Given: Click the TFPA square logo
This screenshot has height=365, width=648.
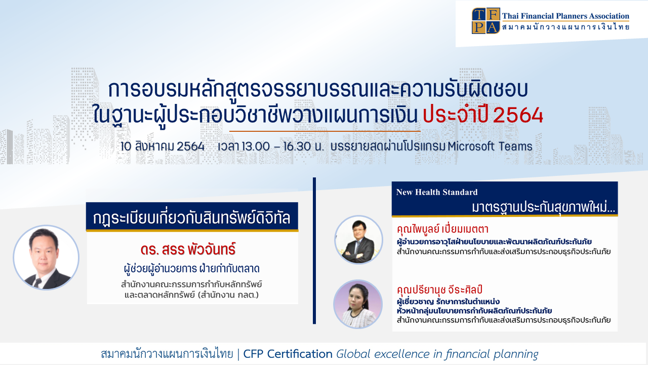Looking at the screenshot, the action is tap(485, 21).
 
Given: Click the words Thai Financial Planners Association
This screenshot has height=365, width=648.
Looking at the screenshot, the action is tap(565, 16).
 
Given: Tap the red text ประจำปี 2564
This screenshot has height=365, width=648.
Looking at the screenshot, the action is tap(483, 115).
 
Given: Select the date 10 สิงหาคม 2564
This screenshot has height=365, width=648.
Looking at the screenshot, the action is tap(163, 147).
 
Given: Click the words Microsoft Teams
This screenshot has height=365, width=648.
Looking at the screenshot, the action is tap(490, 147).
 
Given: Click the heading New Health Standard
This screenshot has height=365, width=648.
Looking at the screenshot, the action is tap(437, 192).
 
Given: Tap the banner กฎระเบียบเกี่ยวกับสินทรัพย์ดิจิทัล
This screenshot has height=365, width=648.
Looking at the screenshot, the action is tap(192, 217).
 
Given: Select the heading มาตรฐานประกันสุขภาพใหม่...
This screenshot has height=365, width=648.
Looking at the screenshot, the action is tap(543, 207).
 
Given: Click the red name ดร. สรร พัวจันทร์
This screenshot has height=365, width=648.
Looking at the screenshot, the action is tap(188, 250).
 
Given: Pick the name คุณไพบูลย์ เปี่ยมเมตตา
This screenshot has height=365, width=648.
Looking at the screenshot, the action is tap(442, 229).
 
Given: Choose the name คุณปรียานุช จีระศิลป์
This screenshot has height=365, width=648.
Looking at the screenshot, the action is tap(439, 289).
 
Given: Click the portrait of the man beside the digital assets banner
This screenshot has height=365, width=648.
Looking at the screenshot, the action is tap(46, 258).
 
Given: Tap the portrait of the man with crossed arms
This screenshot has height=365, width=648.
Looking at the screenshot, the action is tap(359, 240).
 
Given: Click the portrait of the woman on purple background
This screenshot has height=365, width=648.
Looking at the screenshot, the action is tap(358, 304).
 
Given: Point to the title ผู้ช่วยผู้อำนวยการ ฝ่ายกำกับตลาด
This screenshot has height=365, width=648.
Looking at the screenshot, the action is tap(191, 269).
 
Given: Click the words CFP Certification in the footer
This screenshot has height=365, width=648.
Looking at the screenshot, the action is tap(288, 354).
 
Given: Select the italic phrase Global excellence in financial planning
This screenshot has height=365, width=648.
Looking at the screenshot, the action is tap(437, 354).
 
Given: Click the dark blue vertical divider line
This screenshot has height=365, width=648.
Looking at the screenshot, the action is tap(314, 250).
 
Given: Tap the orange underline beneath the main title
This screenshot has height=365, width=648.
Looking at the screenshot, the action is tap(325, 131).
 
